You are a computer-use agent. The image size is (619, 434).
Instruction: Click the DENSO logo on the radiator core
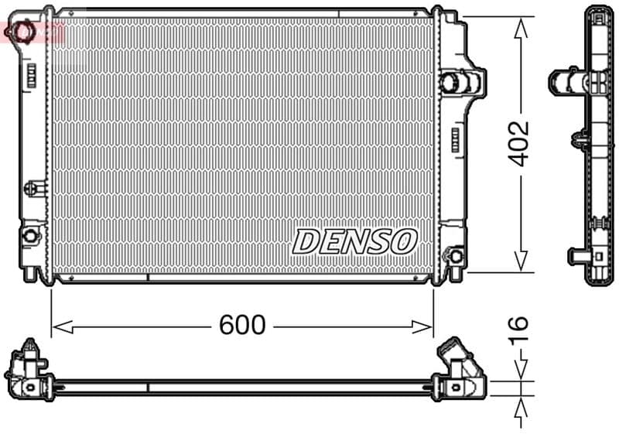pos(355,241)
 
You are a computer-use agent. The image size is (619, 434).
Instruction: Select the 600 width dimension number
pos(241,326)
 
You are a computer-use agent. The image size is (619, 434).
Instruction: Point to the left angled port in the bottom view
pos(29,358)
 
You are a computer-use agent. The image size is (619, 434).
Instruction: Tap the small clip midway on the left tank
pos(33,186)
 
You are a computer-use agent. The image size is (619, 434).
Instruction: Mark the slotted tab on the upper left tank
pos(32,75)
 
